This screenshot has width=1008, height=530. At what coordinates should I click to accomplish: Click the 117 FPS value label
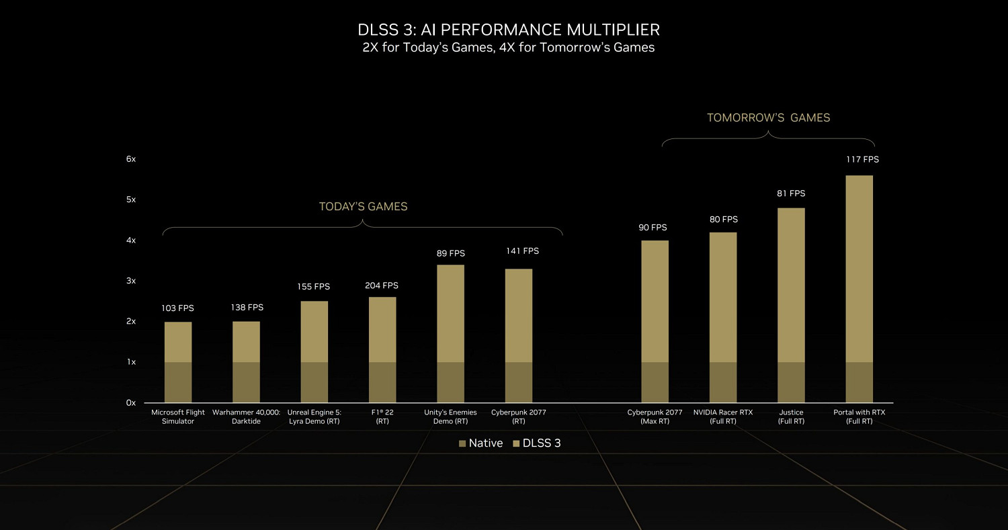[862, 160]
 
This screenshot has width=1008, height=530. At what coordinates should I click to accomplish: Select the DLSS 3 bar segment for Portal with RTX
[859, 269]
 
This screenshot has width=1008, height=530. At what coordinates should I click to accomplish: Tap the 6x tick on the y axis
[130, 159]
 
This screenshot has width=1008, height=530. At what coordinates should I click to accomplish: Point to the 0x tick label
[130, 402]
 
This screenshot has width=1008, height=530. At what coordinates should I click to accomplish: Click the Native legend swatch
[462, 443]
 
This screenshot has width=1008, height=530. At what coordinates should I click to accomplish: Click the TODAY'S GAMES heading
[363, 207]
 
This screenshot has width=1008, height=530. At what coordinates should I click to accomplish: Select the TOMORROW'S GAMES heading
[768, 118]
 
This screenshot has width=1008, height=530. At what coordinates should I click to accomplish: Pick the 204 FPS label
[382, 285]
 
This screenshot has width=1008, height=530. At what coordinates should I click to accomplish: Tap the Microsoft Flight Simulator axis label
[177, 416]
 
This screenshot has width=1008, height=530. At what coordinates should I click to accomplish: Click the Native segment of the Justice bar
[791, 382]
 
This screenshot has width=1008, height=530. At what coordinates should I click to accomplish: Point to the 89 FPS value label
[450, 253]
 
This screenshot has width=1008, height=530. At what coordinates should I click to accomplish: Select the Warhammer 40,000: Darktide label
[246, 416]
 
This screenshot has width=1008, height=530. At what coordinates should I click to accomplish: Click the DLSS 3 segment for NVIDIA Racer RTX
[723, 297]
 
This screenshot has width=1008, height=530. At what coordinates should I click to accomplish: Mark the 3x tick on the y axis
[130, 281]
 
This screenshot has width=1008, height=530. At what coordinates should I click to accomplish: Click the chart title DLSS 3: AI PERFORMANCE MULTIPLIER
[508, 30]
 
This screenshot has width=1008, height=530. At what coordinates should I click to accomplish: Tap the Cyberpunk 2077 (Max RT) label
[655, 416]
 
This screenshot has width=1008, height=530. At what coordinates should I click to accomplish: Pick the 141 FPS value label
[522, 251]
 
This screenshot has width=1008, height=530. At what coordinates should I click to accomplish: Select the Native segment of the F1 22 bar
[382, 382]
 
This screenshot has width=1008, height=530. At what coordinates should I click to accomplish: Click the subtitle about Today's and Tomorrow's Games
[508, 48]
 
